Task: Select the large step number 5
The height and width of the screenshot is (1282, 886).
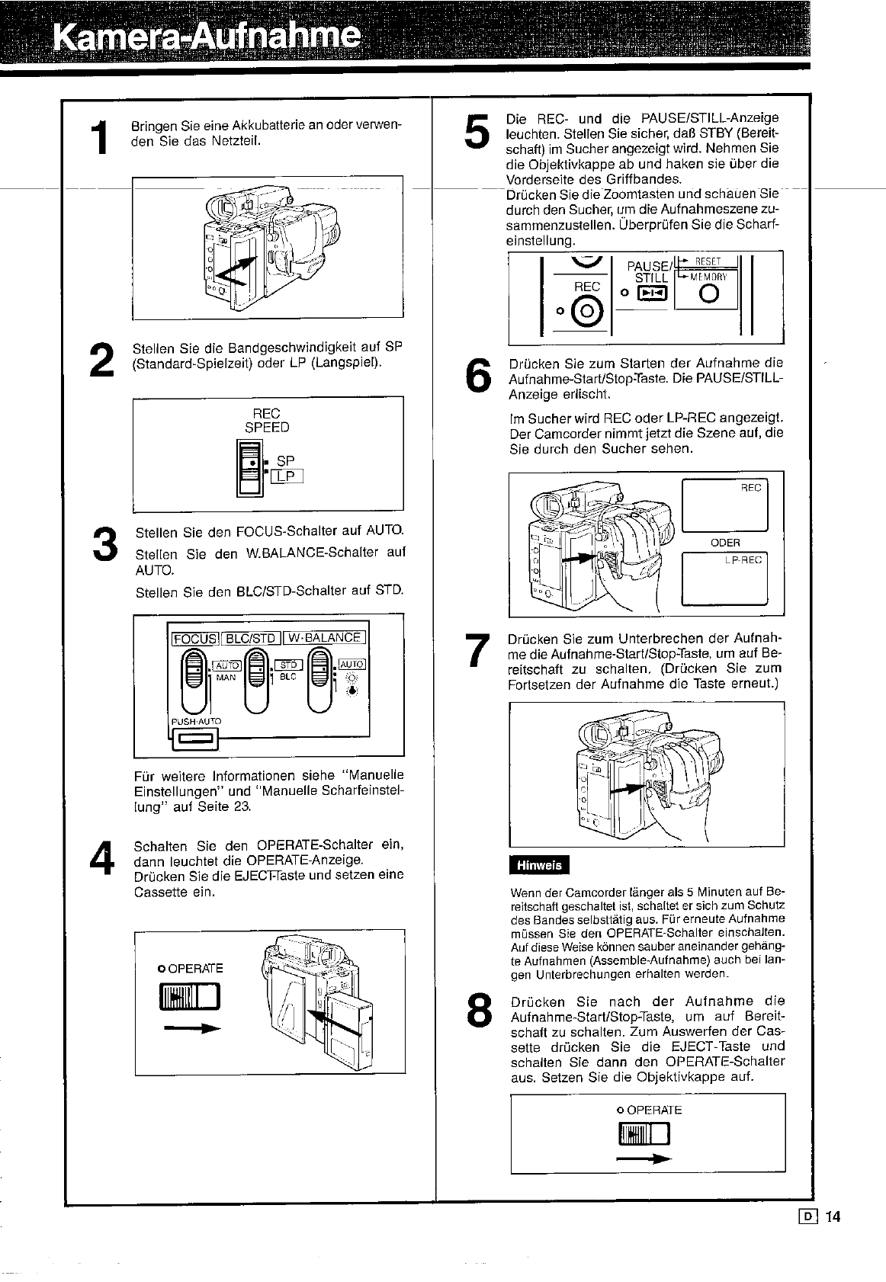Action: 475,131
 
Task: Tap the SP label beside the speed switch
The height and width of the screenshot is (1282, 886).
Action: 285,460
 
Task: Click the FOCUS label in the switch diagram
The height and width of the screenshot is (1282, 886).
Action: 196,638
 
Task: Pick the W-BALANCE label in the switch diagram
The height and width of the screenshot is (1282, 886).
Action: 325,638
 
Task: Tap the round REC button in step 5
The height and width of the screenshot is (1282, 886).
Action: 587,311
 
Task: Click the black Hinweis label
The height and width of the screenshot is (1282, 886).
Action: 538,864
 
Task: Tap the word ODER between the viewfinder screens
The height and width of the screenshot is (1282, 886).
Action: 724,543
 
